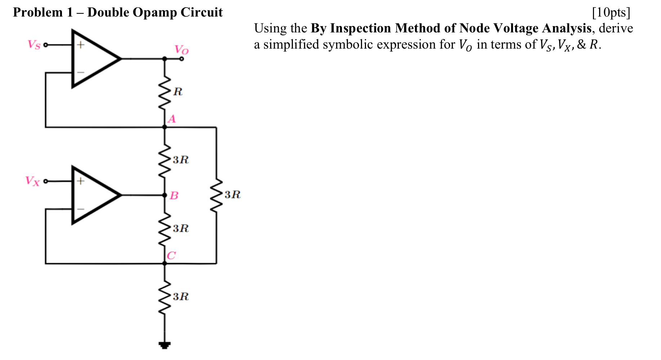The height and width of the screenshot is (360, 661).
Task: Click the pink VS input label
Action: pos(34,45)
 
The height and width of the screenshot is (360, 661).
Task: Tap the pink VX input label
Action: pos(32,180)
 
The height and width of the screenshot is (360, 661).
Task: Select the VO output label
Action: pos(181,49)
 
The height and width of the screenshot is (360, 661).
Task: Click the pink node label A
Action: pos(172,119)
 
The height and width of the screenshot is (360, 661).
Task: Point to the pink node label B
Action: pos(174,195)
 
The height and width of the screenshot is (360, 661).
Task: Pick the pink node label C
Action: pos(171,256)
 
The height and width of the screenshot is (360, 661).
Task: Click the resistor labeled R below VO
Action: pos(165,92)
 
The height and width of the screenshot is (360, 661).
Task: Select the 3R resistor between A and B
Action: pos(165,160)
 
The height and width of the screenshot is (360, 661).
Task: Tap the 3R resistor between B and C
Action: pos(165,229)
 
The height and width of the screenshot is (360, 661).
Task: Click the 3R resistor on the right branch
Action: pos(216,195)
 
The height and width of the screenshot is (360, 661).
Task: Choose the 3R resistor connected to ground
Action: pos(165,297)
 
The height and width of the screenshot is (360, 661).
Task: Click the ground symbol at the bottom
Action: pos(165,345)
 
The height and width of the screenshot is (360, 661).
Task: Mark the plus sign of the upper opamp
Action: pos(81,45)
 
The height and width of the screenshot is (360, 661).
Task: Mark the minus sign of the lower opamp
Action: pos(81,209)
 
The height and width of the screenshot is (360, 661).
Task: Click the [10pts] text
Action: pos(611,13)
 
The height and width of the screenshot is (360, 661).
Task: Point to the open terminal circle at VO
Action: pos(182,59)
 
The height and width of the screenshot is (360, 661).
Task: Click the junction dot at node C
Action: pos(165,264)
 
